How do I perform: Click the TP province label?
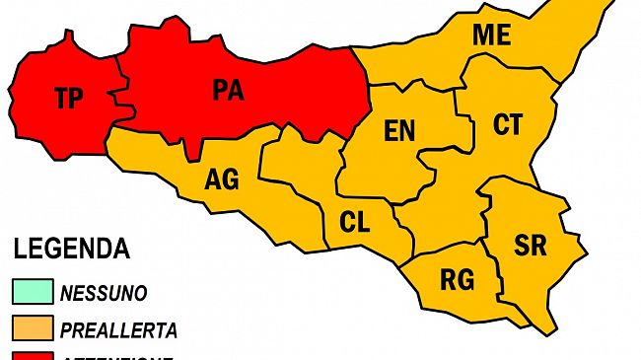click(x=68, y=98)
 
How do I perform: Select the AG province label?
click(x=221, y=180)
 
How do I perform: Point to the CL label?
click(x=354, y=223)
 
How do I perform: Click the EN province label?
click(x=399, y=130)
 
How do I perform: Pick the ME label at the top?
click(x=491, y=36)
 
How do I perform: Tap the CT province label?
click(x=508, y=125)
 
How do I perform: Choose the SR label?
click(x=531, y=246)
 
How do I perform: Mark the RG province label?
click(x=456, y=280)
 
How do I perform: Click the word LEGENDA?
click(x=71, y=248)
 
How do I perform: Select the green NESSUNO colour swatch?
click(x=33, y=293)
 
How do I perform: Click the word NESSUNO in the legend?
click(x=104, y=294)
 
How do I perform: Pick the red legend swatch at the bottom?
click(x=33, y=355)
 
